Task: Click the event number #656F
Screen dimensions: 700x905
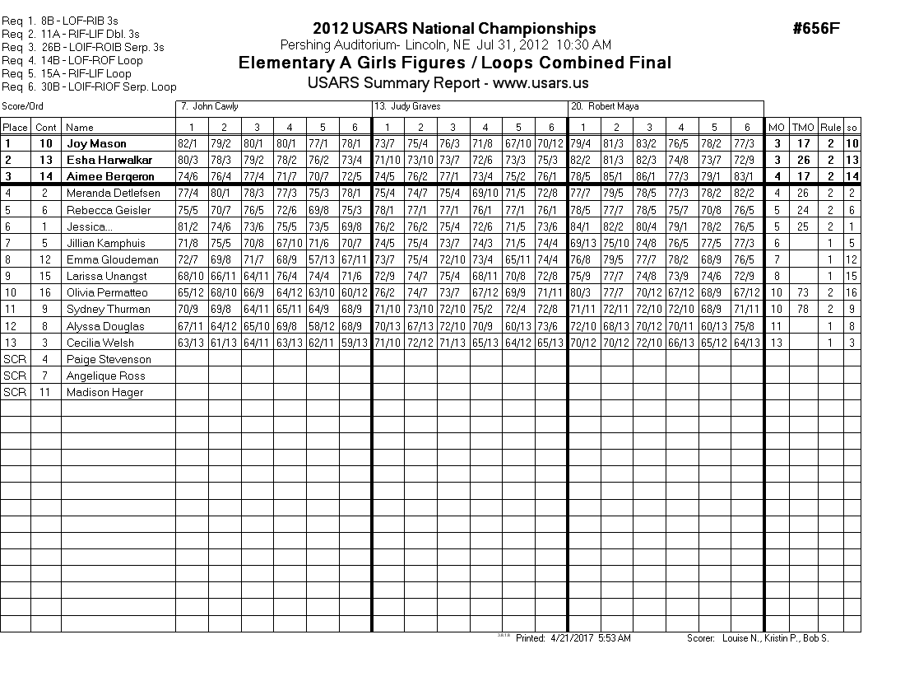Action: click(816, 29)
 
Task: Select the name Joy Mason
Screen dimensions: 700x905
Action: click(96, 144)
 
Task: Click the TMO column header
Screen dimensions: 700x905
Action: click(801, 128)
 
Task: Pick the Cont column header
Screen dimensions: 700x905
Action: click(46, 128)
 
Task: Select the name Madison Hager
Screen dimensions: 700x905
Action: click(104, 393)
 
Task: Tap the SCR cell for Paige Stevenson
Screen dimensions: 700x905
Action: click(15, 360)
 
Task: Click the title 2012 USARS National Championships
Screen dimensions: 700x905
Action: click(454, 30)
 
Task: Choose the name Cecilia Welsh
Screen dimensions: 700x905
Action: click(99, 343)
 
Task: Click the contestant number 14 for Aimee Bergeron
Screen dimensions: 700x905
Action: click(46, 177)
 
